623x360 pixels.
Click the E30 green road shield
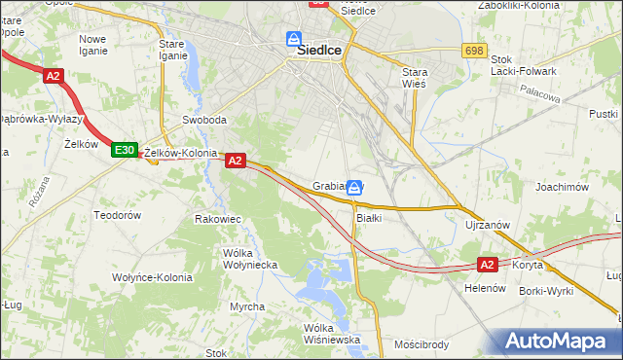(124, 150)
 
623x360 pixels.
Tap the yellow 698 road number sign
(474, 51)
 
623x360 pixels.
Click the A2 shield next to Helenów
(489, 264)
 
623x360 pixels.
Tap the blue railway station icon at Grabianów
(355, 187)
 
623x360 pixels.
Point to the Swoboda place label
(204, 121)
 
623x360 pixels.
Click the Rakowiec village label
(217, 219)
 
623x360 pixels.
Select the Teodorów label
(118, 214)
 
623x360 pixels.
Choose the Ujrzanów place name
(488, 225)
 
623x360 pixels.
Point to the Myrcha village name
(247, 306)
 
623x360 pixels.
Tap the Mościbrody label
(421, 344)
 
